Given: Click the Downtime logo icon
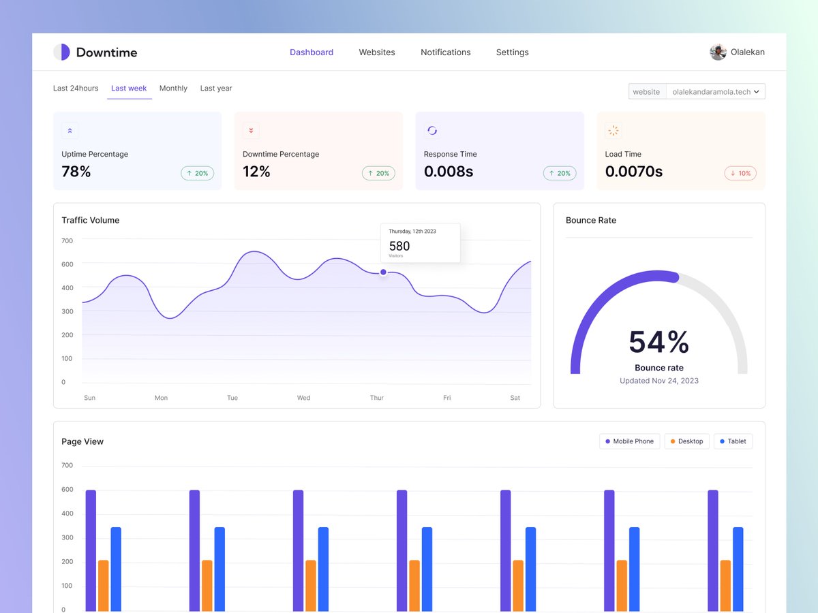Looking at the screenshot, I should point(62,52).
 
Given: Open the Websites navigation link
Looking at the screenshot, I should point(377,52).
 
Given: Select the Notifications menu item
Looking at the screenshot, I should point(445,52).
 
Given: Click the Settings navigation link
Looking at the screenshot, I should point(512,52).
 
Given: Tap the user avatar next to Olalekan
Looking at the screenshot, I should point(718,52).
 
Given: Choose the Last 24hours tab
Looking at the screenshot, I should point(76,89).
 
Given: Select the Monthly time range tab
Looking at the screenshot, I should point(173,89).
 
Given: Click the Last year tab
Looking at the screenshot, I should point(216,89).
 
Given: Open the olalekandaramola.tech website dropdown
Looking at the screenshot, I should point(715,92).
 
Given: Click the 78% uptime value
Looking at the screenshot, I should point(76,172).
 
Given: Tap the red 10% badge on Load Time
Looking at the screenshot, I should point(740,174).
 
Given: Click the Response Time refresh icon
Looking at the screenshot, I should point(432,131).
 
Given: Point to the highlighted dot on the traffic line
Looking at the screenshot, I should point(383,272).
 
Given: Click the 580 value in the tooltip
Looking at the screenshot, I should point(399,247).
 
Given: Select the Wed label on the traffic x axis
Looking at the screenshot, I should point(304,398).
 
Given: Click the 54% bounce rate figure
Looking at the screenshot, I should point(658,342).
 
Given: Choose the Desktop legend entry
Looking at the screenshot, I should point(686,441).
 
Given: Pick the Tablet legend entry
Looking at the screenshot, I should point(733,441).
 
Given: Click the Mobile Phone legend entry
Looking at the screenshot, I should point(629,441).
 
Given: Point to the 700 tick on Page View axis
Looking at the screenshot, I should point(67,466).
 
